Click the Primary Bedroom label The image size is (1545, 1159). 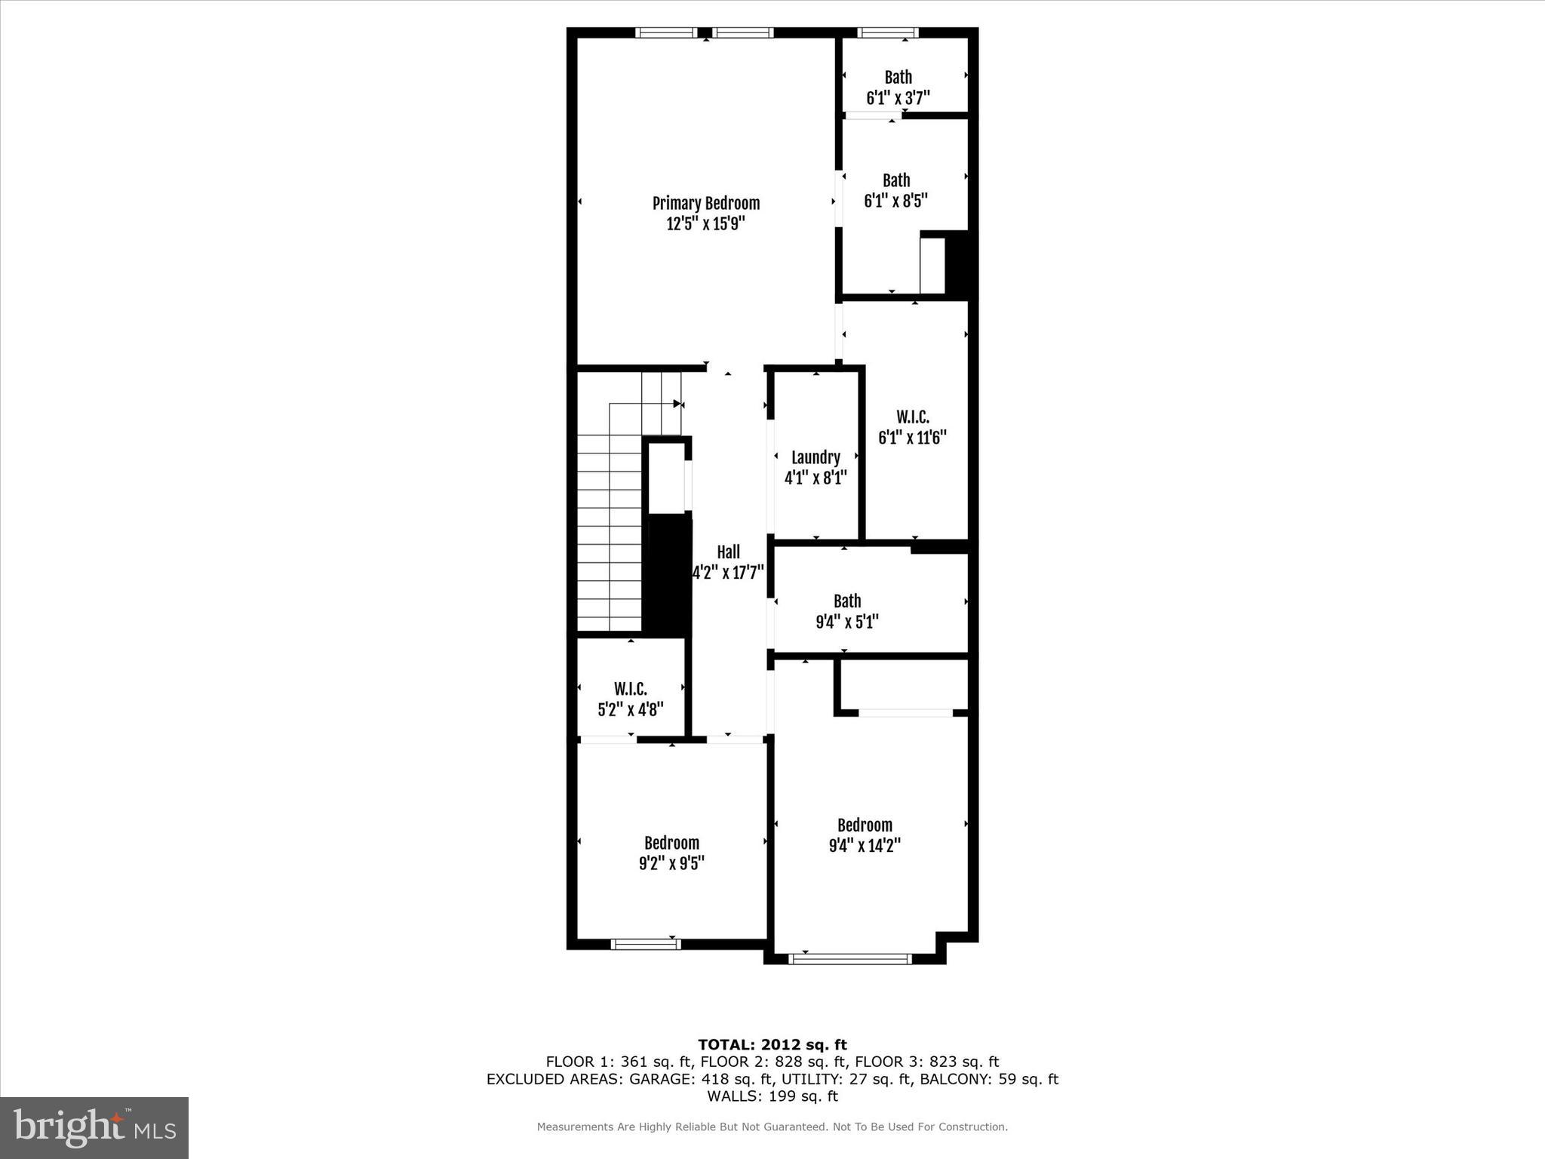point(705,203)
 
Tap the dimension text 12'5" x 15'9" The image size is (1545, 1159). point(705,223)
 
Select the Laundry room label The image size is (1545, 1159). point(816,457)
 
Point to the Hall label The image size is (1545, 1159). point(728,552)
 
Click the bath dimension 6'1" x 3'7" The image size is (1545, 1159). point(898,98)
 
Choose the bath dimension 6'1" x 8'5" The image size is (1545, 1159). point(895,201)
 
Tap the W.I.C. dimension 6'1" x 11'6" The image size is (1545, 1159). point(912,438)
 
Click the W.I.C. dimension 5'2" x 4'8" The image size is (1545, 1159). point(630,709)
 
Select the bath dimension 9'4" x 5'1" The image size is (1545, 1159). point(846,622)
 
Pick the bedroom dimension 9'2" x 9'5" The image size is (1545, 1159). point(671,862)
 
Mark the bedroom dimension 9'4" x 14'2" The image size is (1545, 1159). point(865,845)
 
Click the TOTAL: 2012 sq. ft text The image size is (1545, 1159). point(772,1044)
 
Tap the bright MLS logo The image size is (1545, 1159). point(94,1127)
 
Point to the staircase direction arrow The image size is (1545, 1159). point(677,404)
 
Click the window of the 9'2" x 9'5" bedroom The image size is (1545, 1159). point(645,944)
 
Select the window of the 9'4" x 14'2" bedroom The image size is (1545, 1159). point(849,959)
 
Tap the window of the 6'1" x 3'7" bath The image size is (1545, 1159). point(887,32)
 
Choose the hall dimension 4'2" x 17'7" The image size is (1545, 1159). point(728,572)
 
